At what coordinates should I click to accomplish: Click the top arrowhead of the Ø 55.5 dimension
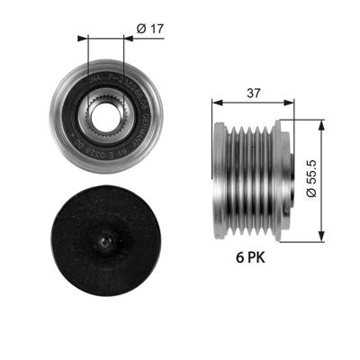click(321, 109)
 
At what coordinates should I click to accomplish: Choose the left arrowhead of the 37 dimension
click(216, 104)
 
